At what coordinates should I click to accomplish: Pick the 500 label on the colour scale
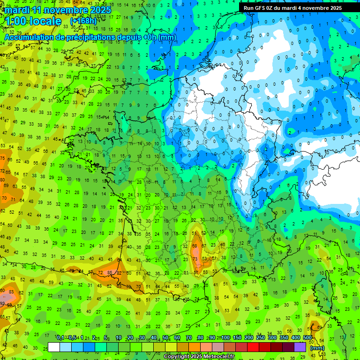(307, 338)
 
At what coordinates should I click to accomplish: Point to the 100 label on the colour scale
(225, 338)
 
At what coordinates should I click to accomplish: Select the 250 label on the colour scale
(261, 338)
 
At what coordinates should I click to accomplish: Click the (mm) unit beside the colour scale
(317, 348)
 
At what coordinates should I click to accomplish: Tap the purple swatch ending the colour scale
(300, 347)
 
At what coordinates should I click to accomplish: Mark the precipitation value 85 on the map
(110, 272)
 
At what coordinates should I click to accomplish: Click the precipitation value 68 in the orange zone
(195, 246)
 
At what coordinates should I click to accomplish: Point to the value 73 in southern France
(195, 259)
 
